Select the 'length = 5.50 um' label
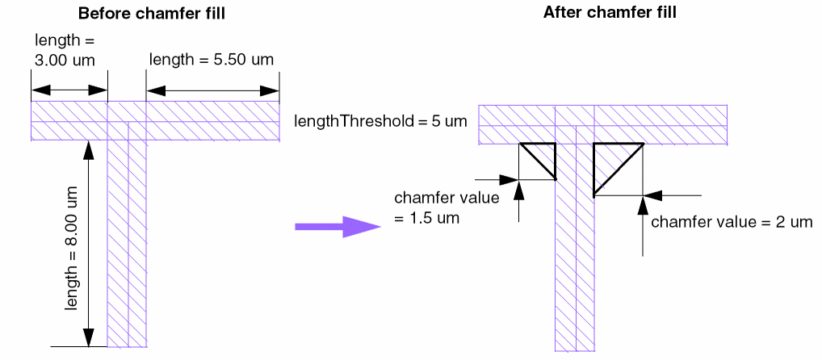[x=212, y=59]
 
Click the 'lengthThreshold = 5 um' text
[x=381, y=122]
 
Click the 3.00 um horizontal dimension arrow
[x=69, y=90]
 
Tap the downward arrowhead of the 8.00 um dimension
[x=89, y=338]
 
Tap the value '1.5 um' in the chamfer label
[x=437, y=218]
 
